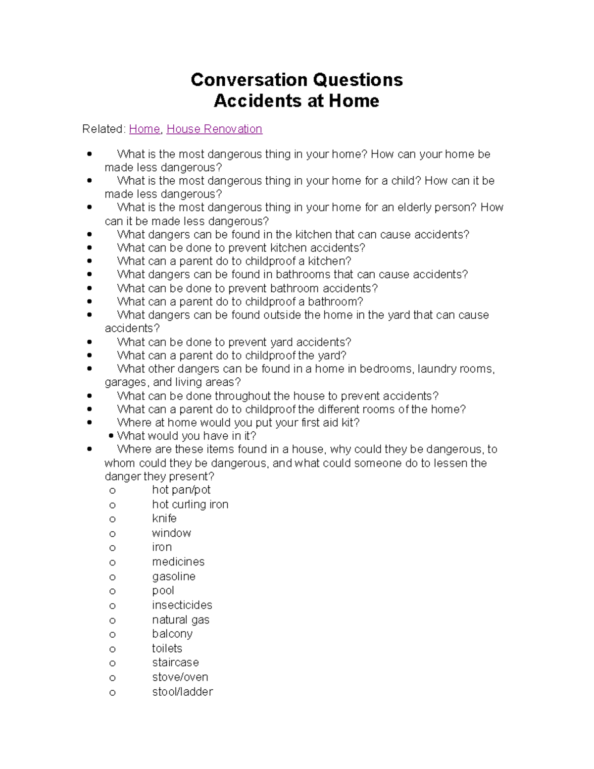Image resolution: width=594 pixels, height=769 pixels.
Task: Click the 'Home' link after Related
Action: (x=145, y=129)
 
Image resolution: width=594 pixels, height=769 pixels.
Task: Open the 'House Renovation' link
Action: (x=214, y=129)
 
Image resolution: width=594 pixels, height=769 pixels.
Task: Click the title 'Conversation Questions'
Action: (x=297, y=80)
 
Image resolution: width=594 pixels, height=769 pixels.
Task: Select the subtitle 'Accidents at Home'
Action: (x=297, y=101)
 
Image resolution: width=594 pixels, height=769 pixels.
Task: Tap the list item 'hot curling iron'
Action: (x=190, y=505)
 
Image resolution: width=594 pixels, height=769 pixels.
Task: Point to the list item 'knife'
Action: (x=164, y=518)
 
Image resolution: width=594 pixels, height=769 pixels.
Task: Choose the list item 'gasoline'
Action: (x=174, y=576)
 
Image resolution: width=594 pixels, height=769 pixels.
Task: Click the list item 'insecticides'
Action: (x=182, y=605)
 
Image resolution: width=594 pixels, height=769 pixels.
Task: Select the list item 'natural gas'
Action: (x=181, y=620)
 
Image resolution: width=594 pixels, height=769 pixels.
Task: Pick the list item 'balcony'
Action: (x=172, y=634)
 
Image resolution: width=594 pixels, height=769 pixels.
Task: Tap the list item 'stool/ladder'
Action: (x=183, y=692)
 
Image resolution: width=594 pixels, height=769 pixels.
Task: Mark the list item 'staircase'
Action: (x=176, y=663)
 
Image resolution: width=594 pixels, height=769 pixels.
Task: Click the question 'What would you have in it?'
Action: (x=187, y=436)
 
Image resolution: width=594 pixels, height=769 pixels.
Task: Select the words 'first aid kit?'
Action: (x=330, y=423)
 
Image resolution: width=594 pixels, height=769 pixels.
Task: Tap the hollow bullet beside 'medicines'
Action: (x=112, y=563)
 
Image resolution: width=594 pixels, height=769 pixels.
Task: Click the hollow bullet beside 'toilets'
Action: (x=112, y=649)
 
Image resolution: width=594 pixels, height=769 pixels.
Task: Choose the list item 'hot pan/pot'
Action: (x=181, y=490)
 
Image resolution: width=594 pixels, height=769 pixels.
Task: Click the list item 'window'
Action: (x=171, y=533)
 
